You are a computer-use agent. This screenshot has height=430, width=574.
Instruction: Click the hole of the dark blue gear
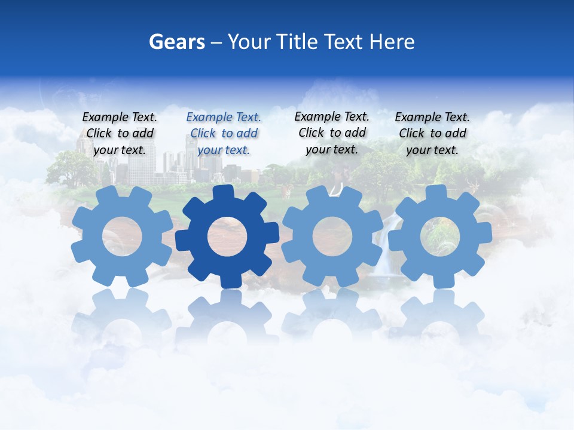click(227, 236)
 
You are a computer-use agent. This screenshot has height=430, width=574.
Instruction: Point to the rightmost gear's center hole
click(439, 236)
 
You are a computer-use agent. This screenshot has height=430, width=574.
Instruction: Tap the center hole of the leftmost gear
click(122, 236)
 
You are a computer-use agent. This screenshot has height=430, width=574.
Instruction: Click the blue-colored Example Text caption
click(224, 133)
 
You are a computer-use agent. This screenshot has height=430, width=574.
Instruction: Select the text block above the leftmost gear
click(120, 133)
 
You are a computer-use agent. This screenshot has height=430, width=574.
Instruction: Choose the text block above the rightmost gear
click(432, 133)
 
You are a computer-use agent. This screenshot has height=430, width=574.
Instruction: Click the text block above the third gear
click(332, 133)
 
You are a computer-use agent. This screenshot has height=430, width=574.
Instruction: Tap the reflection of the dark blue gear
click(227, 317)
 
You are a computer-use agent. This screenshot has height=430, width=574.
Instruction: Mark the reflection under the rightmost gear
click(440, 317)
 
